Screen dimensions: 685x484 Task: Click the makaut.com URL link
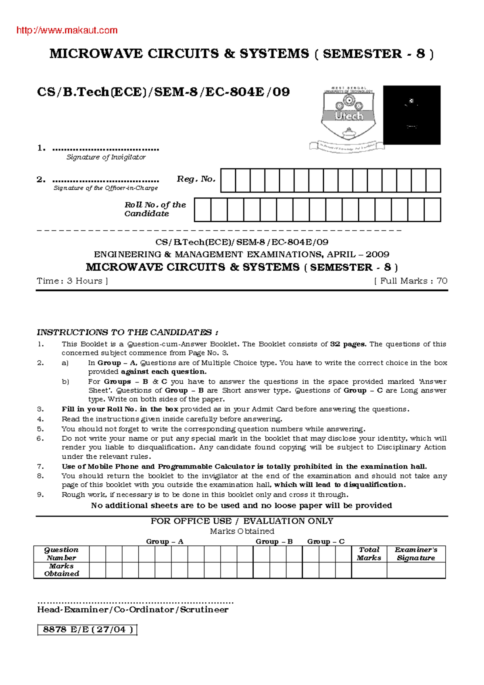coord(67,30)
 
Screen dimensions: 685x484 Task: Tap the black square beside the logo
coord(411,115)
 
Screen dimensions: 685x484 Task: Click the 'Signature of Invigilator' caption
coord(106,157)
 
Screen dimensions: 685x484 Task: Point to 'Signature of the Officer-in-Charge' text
coord(106,188)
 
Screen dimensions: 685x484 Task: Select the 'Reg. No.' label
coord(196,179)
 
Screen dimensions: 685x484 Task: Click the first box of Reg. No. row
coord(228,180)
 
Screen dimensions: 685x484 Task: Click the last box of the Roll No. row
coord(432,210)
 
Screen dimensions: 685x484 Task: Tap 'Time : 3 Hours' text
coord(72,281)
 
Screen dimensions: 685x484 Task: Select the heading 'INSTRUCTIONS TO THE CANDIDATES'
coord(127,332)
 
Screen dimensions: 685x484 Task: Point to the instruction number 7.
coord(40,466)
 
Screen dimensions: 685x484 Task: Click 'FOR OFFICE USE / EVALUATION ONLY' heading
coord(242,521)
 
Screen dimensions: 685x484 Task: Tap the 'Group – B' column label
coord(274,541)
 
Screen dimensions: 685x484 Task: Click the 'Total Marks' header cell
coord(369,554)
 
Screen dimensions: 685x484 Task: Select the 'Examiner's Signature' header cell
coord(416,554)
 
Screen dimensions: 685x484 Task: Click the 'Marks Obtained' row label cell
coord(61,570)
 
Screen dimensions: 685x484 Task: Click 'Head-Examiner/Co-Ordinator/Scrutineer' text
coord(133,610)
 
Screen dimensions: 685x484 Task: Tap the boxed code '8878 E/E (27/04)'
coord(88,630)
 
